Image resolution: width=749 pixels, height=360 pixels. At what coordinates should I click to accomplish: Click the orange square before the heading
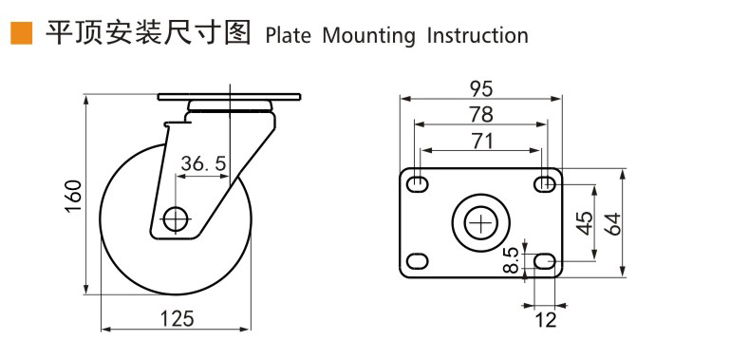[x=21, y=33]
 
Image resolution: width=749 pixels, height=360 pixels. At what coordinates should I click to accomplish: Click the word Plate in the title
[x=288, y=36]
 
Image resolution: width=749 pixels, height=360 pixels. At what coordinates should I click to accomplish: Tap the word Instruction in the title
[x=477, y=36]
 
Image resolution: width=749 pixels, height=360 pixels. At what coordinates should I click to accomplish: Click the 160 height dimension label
[x=73, y=197]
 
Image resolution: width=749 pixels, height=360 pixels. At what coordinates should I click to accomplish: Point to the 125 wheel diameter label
[x=177, y=318]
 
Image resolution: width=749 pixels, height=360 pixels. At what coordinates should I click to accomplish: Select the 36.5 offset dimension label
[x=203, y=164]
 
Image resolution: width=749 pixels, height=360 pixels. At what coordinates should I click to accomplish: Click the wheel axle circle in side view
[x=177, y=219]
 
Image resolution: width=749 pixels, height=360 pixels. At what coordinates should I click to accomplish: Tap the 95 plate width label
[x=481, y=89]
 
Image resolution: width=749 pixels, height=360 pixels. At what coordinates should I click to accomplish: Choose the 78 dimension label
[x=481, y=115]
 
